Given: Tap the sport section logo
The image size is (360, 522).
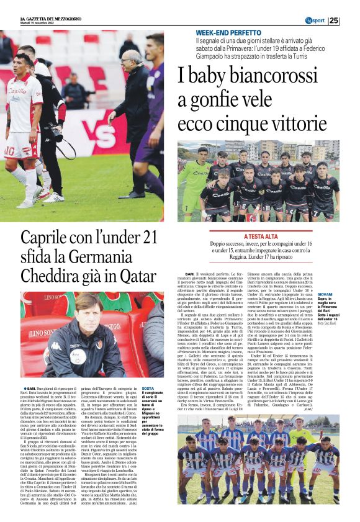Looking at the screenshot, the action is [x=315, y=20].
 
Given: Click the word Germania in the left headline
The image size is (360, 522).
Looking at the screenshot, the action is [x=130, y=255].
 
